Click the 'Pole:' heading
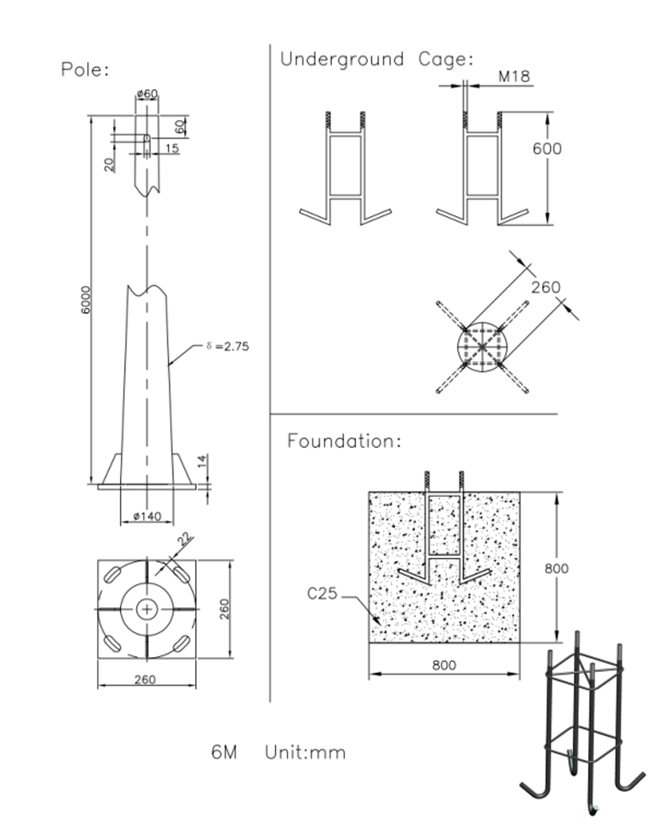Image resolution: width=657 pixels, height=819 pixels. click(85, 70)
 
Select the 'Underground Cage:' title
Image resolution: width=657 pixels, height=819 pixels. click(377, 59)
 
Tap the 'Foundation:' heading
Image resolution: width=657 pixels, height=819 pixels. click(344, 441)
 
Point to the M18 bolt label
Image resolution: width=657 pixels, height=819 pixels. click(514, 77)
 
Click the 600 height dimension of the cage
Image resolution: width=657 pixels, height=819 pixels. click(548, 149)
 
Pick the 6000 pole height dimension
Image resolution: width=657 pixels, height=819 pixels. click(86, 300)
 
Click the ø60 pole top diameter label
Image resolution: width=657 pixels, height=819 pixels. click(147, 94)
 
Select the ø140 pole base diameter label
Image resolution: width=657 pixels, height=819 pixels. click(147, 516)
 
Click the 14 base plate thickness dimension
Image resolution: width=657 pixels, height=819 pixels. click(201, 462)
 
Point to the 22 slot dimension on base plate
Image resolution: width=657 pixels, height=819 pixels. click(185, 540)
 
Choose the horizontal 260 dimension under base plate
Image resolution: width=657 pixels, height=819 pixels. click(145, 679)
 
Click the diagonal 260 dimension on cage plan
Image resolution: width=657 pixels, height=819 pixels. click(545, 288)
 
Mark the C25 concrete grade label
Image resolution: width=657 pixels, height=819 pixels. click(323, 592)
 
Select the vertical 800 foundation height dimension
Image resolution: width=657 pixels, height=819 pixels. click(556, 568)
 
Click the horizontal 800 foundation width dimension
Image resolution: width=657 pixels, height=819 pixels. click(443, 666)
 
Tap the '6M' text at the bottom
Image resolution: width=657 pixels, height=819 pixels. click(224, 752)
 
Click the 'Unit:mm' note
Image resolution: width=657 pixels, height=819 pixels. click(305, 752)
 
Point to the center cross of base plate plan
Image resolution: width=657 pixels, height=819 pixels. click(147, 609)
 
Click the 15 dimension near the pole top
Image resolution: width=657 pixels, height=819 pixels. click(172, 149)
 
